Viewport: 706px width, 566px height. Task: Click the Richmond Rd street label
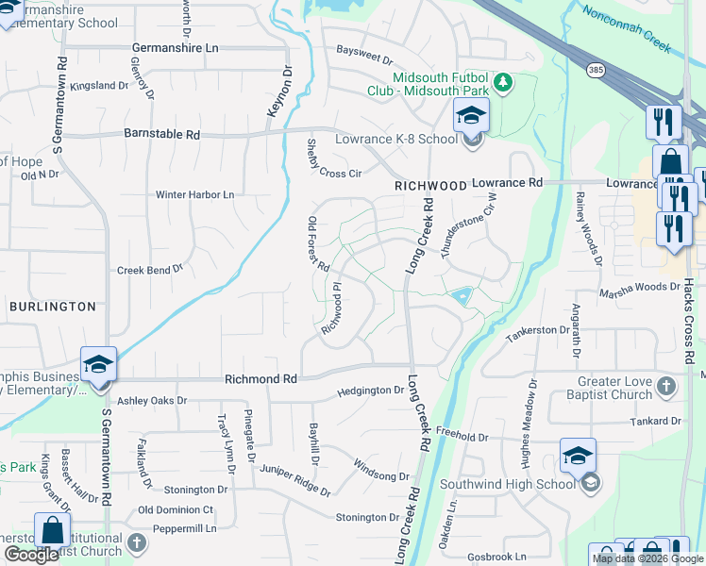[x=261, y=378]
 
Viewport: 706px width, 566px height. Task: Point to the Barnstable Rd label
[x=161, y=135]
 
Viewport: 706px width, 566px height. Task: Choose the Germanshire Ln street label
[x=175, y=47]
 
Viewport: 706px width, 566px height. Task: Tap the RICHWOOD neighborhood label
[x=430, y=187]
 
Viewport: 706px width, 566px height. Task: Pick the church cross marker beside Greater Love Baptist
[x=666, y=386]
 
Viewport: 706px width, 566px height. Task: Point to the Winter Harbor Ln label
[x=194, y=195]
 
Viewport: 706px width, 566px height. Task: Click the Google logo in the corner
[x=31, y=556]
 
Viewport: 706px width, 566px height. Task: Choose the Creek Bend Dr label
[x=150, y=270]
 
